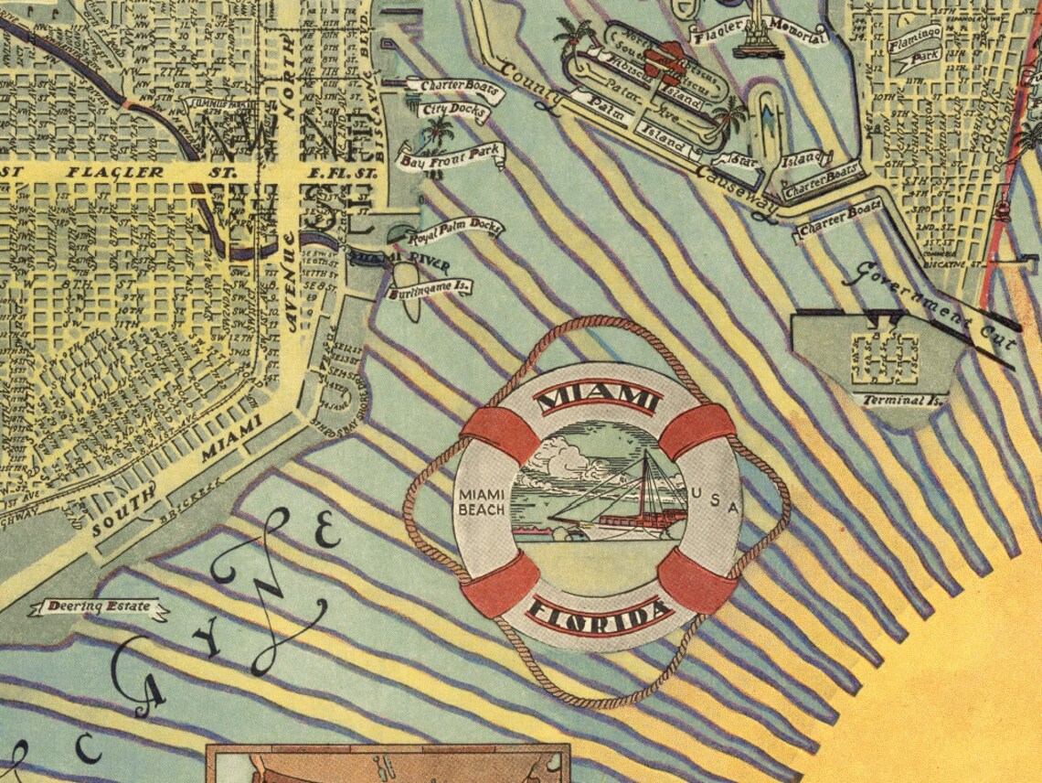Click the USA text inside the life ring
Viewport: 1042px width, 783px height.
click(x=715, y=500)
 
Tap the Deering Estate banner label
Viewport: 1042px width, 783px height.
click(x=98, y=606)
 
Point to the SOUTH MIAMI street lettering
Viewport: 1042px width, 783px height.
click(x=174, y=476)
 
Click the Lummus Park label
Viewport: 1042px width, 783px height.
click(x=211, y=103)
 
